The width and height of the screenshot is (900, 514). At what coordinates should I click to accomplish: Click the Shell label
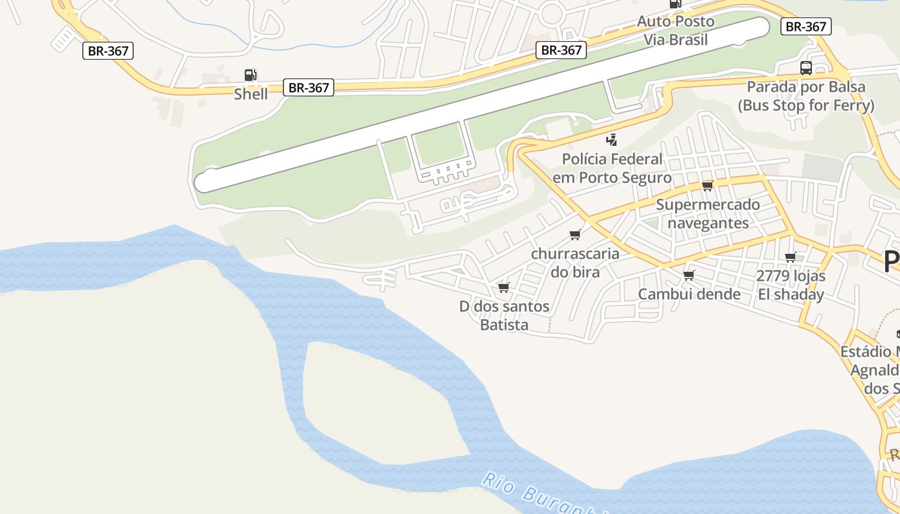coord(251,94)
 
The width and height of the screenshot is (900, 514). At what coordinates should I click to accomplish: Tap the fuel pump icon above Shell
coord(251,75)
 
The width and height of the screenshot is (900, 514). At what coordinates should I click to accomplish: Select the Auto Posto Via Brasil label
coord(676,30)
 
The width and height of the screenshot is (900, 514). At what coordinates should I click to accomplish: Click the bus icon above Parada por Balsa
coord(806,68)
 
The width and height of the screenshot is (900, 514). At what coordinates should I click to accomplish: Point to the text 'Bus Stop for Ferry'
coord(806,105)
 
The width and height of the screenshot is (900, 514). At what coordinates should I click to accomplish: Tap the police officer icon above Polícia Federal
coord(612,139)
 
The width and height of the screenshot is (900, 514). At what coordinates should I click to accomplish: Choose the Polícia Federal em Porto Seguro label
coord(612,168)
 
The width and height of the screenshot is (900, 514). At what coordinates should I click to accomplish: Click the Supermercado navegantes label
coord(708,213)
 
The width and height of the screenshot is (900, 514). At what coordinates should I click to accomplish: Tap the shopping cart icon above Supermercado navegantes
coord(708,186)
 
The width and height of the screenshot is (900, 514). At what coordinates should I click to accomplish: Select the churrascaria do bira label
coord(575,262)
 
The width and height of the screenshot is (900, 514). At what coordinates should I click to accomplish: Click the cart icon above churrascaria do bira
coord(575,235)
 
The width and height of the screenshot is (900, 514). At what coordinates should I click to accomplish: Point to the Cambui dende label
coord(689,294)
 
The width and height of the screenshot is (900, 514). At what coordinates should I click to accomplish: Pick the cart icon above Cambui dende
coord(689,275)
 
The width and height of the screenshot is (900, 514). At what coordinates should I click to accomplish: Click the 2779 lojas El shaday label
coord(791,285)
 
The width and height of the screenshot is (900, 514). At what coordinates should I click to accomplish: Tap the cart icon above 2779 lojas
coord(791,257)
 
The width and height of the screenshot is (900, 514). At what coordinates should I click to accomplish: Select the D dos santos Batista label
coord(505,315)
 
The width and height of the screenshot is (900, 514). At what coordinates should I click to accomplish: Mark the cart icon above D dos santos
coord(504,287)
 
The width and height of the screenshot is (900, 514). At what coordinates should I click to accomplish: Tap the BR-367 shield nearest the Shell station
coord(309,88)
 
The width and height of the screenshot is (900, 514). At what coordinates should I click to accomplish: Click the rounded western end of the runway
coord(204,181)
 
